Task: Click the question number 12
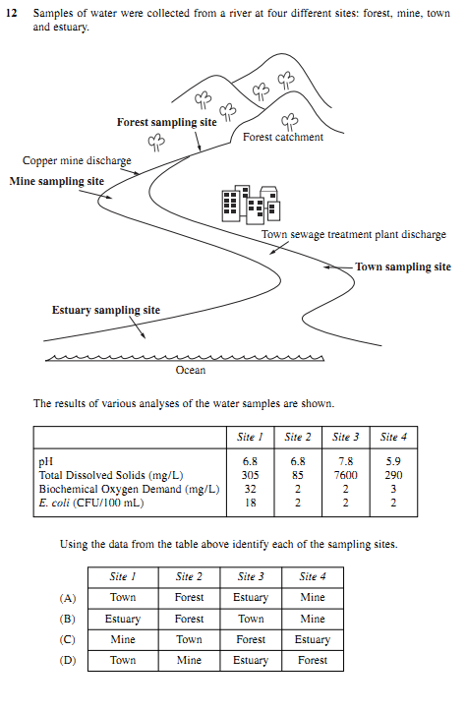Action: click(12, 13)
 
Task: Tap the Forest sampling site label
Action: click(166, 123)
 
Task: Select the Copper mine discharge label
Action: click(77, 160)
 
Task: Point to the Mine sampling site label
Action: click(57, 181)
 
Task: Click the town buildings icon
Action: click(251, 205)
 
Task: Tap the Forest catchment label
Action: click(283, 137)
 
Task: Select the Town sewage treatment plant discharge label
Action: click(354, 235)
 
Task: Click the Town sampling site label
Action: click(403, 267)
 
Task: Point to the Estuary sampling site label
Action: click(106, 310)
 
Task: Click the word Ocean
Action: click(191, 370)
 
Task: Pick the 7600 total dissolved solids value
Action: click(345, 475)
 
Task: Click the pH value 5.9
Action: click(393, 461)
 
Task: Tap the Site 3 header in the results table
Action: click(345, 437)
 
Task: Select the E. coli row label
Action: click(91, 504)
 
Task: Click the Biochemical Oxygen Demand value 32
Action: click(250, 489)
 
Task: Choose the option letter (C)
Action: click(68, 640)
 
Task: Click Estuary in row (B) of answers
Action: click(123, 619)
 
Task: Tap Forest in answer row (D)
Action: click(313, 660)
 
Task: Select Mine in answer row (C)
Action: click(123, 639)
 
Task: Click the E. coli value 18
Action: click(250, 504)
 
